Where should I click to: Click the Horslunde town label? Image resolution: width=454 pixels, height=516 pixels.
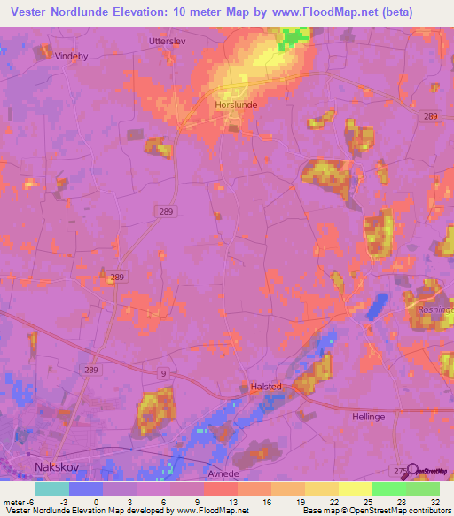coord(236,104)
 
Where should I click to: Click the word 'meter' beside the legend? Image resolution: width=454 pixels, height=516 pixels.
coord(14,500)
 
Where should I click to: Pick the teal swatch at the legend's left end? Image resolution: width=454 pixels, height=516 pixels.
coord(52,488)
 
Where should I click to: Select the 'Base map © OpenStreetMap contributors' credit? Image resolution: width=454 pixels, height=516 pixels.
coord(375,511)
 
